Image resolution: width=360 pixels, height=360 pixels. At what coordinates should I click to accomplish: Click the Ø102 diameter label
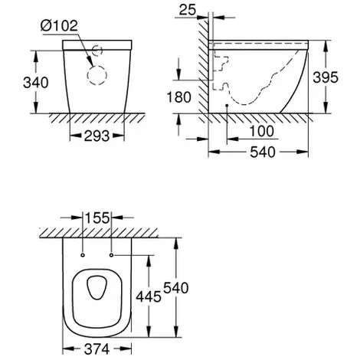pyautogui.click(x=59, y=25)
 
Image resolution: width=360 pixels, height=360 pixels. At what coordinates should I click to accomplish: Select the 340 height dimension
pyautogui.click(x=36, y=83)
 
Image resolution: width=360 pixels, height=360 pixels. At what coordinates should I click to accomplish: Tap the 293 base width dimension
pyautogui.click(x=97, y=136)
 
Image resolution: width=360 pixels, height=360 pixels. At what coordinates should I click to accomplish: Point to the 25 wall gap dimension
pyautogui.click(x=188, y=10)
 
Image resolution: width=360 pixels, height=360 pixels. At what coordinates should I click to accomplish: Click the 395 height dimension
pyautogui.click(x=326, y=77)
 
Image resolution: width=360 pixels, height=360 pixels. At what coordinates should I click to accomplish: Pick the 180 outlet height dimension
pyautogui.click(x=178, y=97)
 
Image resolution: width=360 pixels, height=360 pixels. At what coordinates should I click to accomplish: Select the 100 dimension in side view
pyautogui.click(x=261, y=131)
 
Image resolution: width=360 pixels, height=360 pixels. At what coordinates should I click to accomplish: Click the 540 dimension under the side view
pyautogui.click(x=263, y=152)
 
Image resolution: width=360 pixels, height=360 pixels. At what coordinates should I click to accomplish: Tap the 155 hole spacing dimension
pyautogui.click(x=97, y=218)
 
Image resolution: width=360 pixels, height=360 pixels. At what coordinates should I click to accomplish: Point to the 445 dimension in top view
pyautogui.click(x=149, y=296)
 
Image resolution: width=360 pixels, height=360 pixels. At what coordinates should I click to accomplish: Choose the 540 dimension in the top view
pyautogui.click(x=176, y=288)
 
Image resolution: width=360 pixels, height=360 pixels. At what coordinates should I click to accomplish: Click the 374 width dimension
pyautogui.click(x=97, y=349)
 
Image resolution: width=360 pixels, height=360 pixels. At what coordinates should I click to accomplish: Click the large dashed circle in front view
pyautogui.click(x=97, y=75)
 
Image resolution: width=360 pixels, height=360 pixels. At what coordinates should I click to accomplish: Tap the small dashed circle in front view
pyautogui.click(x=97, y=51)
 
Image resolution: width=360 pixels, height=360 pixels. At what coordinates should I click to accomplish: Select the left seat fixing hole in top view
pyautogui.click(x=83, y=255)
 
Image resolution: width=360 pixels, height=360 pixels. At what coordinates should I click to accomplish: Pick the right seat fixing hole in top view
pyautogui.click(x=111, y=255)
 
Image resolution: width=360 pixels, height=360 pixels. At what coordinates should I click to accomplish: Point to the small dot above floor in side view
pyautogui.click(x=227, y=105)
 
